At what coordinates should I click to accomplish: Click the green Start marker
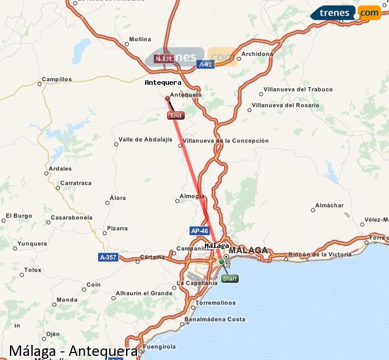coord(229,279)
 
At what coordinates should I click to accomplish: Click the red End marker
coord(175,116)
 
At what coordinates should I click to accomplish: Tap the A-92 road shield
coord(205,64)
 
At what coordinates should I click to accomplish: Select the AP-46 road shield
coord(199,231)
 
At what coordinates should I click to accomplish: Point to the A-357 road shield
coord(109,257)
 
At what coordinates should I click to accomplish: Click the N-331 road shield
coord(164,59)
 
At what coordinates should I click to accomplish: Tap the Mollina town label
coord(140,39)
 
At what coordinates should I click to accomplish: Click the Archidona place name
coord(257,54)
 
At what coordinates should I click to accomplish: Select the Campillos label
coord(57,79)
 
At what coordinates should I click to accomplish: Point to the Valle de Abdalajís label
coord(145,139)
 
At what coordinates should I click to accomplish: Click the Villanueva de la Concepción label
coord(226,141)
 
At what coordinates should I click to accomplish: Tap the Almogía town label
coord(192,196)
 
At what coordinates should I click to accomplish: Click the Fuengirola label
coord(159,347)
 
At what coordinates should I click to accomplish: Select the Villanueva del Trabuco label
coord(298,89)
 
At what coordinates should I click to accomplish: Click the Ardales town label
coord(60,169)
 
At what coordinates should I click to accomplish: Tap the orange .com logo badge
coord(369,13)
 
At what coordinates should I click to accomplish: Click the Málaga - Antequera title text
coord(73,351)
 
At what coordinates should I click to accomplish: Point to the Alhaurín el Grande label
coord(144,293)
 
